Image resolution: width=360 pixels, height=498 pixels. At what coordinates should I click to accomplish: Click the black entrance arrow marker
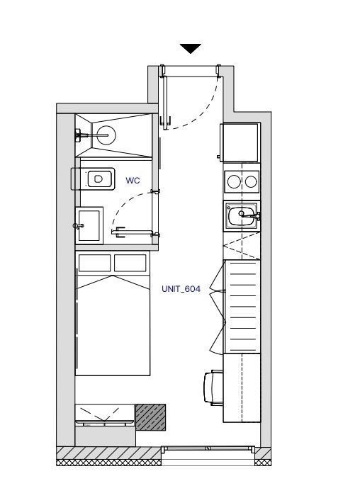191,48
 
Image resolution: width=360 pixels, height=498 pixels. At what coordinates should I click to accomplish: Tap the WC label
133,181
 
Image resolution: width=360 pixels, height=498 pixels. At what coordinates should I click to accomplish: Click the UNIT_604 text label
181,289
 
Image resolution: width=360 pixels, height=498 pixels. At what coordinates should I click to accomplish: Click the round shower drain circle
106,135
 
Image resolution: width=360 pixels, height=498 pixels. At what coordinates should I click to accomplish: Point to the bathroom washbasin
89,225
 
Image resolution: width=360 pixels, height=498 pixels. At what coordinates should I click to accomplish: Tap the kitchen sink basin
241,216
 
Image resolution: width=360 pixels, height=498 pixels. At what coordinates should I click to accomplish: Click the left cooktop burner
234,182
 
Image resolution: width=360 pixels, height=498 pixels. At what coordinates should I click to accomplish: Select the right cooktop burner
251,182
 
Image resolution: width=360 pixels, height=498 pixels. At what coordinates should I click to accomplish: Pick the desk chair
213,387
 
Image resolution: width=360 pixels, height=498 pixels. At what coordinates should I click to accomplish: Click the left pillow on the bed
94,263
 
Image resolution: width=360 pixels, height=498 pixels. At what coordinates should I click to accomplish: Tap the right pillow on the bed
130,263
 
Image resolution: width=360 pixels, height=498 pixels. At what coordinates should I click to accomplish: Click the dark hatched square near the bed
151,417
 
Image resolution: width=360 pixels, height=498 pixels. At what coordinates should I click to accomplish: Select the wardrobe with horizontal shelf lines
242,307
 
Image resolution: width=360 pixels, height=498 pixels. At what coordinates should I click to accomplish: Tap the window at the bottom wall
208,449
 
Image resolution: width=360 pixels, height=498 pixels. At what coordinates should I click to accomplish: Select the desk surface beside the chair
242,387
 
